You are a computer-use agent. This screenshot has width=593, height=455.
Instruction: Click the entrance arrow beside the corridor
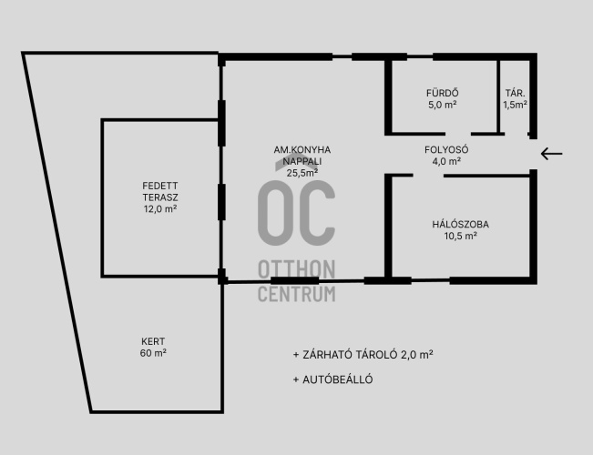click(551, 154)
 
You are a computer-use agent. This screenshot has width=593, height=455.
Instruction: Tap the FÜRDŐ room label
click(443, 93)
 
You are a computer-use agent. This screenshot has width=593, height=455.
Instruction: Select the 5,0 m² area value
click(443, 105)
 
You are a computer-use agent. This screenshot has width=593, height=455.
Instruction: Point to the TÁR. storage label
click(515, 94)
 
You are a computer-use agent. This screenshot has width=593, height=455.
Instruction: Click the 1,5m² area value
click(515, 105)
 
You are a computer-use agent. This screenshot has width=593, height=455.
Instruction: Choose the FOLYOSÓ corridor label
click(446, 149)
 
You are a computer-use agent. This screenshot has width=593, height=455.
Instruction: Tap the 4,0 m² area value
click(446, 161)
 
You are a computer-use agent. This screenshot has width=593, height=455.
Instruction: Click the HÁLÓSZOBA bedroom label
click(461, 224)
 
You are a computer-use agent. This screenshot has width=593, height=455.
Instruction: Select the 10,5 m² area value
click(461, 237)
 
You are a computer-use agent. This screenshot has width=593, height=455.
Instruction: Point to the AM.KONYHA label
click(302, 149)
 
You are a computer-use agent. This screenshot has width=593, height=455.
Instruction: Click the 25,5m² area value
click(302, 173)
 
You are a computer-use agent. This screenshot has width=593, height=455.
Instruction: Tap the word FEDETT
click(160, 186)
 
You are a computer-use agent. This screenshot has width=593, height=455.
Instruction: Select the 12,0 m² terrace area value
click(160, 209)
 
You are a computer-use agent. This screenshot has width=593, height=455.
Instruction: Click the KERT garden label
click(153, 341)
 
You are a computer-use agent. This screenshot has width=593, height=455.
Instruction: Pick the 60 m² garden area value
click(153, 353)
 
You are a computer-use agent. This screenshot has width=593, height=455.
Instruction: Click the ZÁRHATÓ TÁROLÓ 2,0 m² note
click(363, 355)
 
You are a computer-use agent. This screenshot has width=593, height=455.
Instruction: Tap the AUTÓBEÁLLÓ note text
click(333, 379)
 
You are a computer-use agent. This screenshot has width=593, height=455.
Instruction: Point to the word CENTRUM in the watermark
click(297, 294)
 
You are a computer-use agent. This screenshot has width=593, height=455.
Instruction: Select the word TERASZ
click(160, 197)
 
